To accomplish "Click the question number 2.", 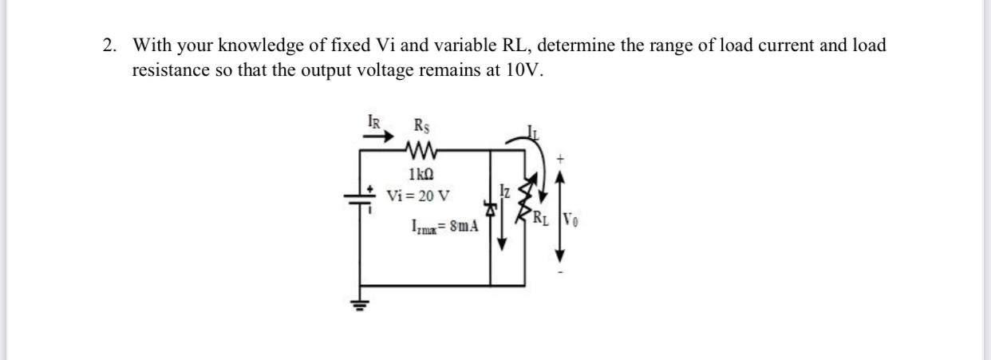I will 109,45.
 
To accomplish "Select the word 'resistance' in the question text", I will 170,70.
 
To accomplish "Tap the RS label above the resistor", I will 420,125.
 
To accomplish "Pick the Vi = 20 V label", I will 417,195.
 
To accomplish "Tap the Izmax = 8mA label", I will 444,226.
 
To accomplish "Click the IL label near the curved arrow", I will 532,133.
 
